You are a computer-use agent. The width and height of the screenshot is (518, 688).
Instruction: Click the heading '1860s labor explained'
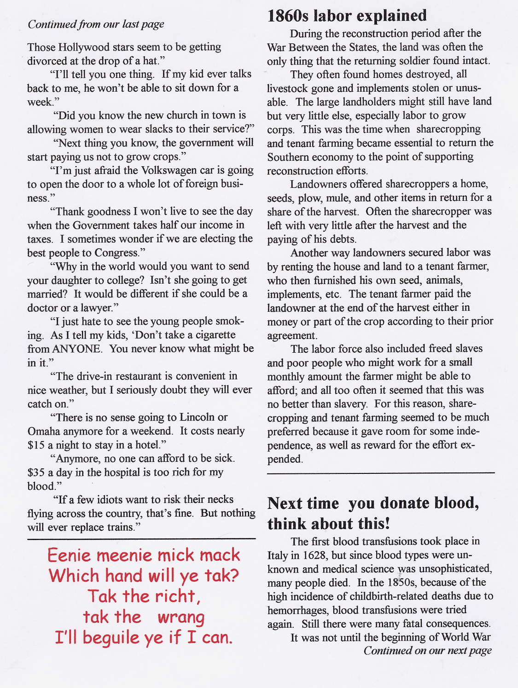(x=347, y=16)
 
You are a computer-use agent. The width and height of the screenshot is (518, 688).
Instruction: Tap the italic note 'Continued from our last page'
(x=96, y=24)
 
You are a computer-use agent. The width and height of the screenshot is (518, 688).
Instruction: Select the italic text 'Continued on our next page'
(x=427, y=650)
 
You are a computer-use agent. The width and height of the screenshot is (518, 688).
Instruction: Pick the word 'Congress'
(x=116, y=252)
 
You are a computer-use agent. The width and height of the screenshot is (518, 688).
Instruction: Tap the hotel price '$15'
(x=36, y=445)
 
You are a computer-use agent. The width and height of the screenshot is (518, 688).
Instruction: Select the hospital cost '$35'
(x=36, y=472)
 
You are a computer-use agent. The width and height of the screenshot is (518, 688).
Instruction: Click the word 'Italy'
(x=277, y=555)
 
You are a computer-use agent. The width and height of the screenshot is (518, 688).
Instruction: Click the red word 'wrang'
(x=180, y=617)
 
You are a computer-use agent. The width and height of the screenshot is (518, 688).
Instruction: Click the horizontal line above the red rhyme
(x=141, y=538)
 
